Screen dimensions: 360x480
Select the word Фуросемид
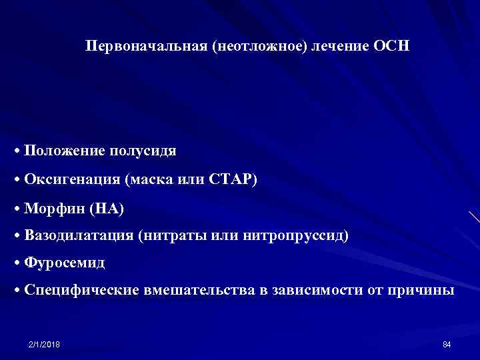(x=64, y=263)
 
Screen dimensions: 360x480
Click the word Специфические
(x=81, y=290)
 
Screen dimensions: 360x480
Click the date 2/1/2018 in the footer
(x=44, y=344)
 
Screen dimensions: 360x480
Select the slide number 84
(x=447, y=344)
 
